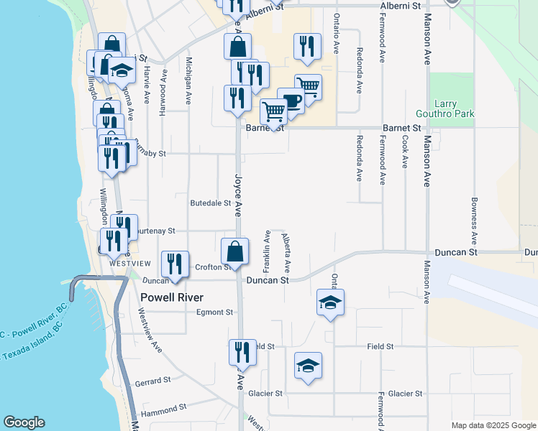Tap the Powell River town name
click(172, 297)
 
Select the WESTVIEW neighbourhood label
click(129, 264)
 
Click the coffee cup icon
click(290, 101)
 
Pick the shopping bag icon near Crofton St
click(235, 252)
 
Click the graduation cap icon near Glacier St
click(308, 366)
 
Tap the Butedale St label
click(210, 203)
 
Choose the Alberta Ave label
click(287, 250)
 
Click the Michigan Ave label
click(189, 77)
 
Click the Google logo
click(24, 422)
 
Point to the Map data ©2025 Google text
click(493, 425)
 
